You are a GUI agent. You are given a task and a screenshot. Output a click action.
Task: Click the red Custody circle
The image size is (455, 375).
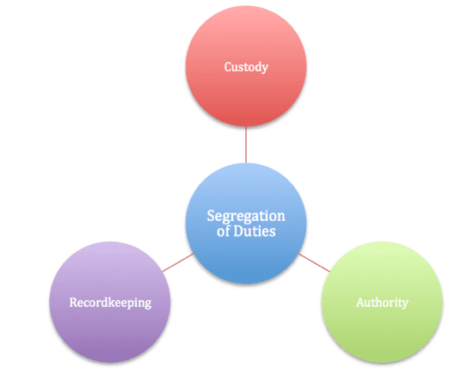[246, 66]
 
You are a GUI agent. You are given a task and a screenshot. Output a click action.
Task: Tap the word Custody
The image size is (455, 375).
[246, 67]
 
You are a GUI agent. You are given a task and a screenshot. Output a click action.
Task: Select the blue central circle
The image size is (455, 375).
[246, 224]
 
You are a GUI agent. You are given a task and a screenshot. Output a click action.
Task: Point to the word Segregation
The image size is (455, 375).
[246, 217]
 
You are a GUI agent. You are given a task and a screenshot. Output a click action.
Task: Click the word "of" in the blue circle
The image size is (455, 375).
[224, 231]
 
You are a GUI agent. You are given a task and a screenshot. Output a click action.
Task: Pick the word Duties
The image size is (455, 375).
[255, 231]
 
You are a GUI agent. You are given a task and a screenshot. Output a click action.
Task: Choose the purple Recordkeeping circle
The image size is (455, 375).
[110, 302]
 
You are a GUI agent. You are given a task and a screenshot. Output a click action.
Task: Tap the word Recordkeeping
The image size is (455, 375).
[110, 303]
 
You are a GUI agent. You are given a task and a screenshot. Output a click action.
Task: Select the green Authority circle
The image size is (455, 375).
[382, 302]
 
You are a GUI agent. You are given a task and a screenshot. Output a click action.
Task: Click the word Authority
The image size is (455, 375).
[382, 303]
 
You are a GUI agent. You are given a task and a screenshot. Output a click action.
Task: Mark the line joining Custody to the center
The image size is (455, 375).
[246, 144]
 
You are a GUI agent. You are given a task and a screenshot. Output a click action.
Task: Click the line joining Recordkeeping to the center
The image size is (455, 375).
[178, 262]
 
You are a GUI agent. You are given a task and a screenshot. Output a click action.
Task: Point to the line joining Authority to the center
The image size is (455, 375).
[314, 262]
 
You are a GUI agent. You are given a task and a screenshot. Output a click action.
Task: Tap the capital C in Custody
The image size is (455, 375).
[228, 67]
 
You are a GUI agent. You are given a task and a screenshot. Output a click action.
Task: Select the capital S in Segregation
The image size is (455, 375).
[211, 216]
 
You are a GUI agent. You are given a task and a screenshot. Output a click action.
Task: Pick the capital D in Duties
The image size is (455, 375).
[238, 231]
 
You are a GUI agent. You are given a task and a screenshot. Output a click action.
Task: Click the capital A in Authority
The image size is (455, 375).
[360, 303]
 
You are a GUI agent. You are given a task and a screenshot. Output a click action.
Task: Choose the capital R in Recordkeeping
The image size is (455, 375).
[74, 303]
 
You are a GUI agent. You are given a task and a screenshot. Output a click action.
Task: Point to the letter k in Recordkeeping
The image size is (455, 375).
[114, 302]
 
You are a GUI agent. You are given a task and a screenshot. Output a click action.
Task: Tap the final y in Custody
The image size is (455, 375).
[264, 69]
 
